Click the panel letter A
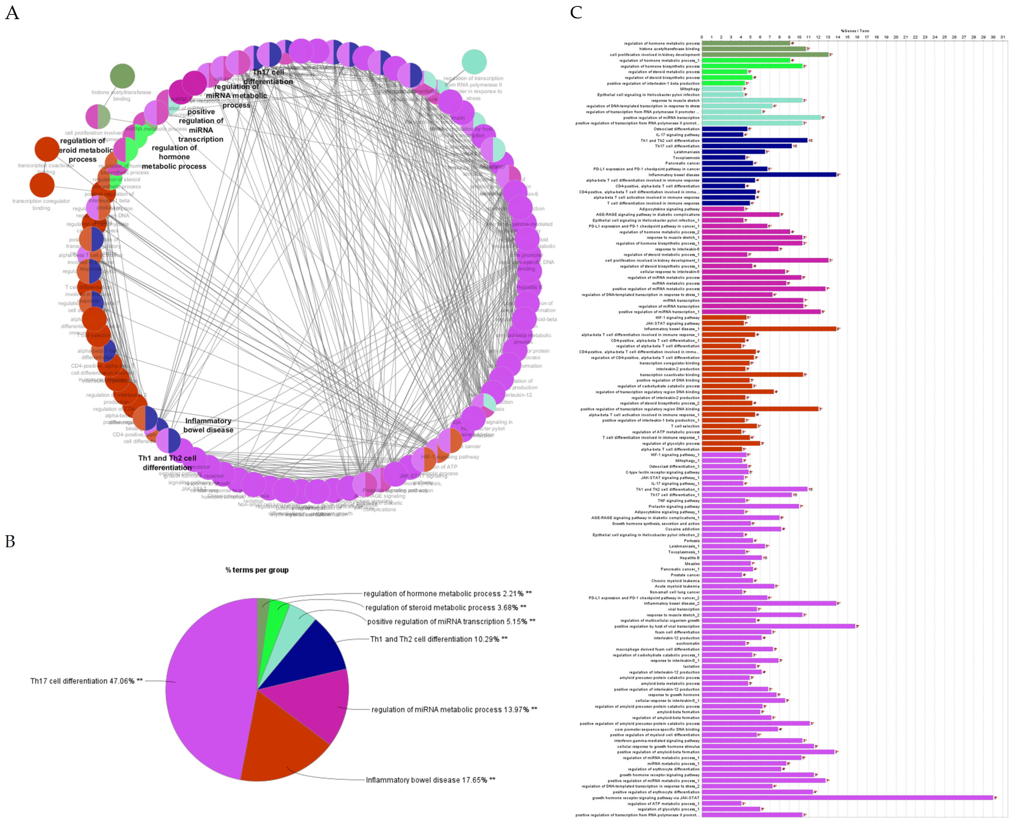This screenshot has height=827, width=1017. click(12, 13)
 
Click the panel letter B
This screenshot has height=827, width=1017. click(10, 541)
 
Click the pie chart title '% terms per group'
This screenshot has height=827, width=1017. click(257, 570)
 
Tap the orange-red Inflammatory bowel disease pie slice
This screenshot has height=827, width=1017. click(281, 739)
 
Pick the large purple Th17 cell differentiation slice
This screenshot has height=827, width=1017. click(205, 691)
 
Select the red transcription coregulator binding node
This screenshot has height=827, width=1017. click(42, 185)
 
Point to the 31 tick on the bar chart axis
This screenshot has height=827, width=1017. click(1003, 37)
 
